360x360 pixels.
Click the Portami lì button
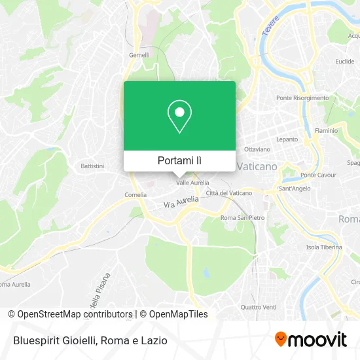[179, 160]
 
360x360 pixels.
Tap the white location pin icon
[179, 117]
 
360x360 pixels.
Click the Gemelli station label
[139, 55]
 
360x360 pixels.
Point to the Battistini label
[92, 166]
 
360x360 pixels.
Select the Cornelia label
[135, 194]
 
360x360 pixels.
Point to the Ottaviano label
[257, 149]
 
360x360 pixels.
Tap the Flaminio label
[326, 130]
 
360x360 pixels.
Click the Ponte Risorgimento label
[302, 98]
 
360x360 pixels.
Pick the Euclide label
[345, 62]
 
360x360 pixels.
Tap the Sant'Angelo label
[294, 189]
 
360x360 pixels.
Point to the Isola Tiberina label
[324, 247]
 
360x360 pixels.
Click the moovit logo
[310, 339]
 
